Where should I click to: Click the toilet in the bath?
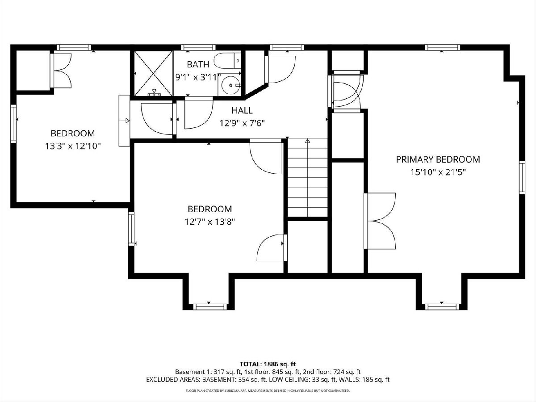click(227, 61)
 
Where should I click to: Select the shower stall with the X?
click(153, 73)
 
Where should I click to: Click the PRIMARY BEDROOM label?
click(438, 159)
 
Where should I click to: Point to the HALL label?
click(242, 111)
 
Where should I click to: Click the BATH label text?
click(198, 64)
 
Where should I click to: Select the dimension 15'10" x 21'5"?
click(438, 172)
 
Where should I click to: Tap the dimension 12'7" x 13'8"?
click(210, 222)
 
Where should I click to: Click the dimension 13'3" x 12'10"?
click(73, 147)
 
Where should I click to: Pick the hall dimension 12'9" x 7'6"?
click(242, 123)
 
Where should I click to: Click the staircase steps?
click(307, 177)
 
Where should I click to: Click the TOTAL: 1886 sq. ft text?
click(268, 364)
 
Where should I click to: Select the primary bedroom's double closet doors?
click(380, 221)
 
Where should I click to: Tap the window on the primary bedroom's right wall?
click(522, 177)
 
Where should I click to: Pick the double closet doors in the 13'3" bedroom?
click(61, 71)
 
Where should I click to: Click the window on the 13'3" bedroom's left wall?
click(13, 124)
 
